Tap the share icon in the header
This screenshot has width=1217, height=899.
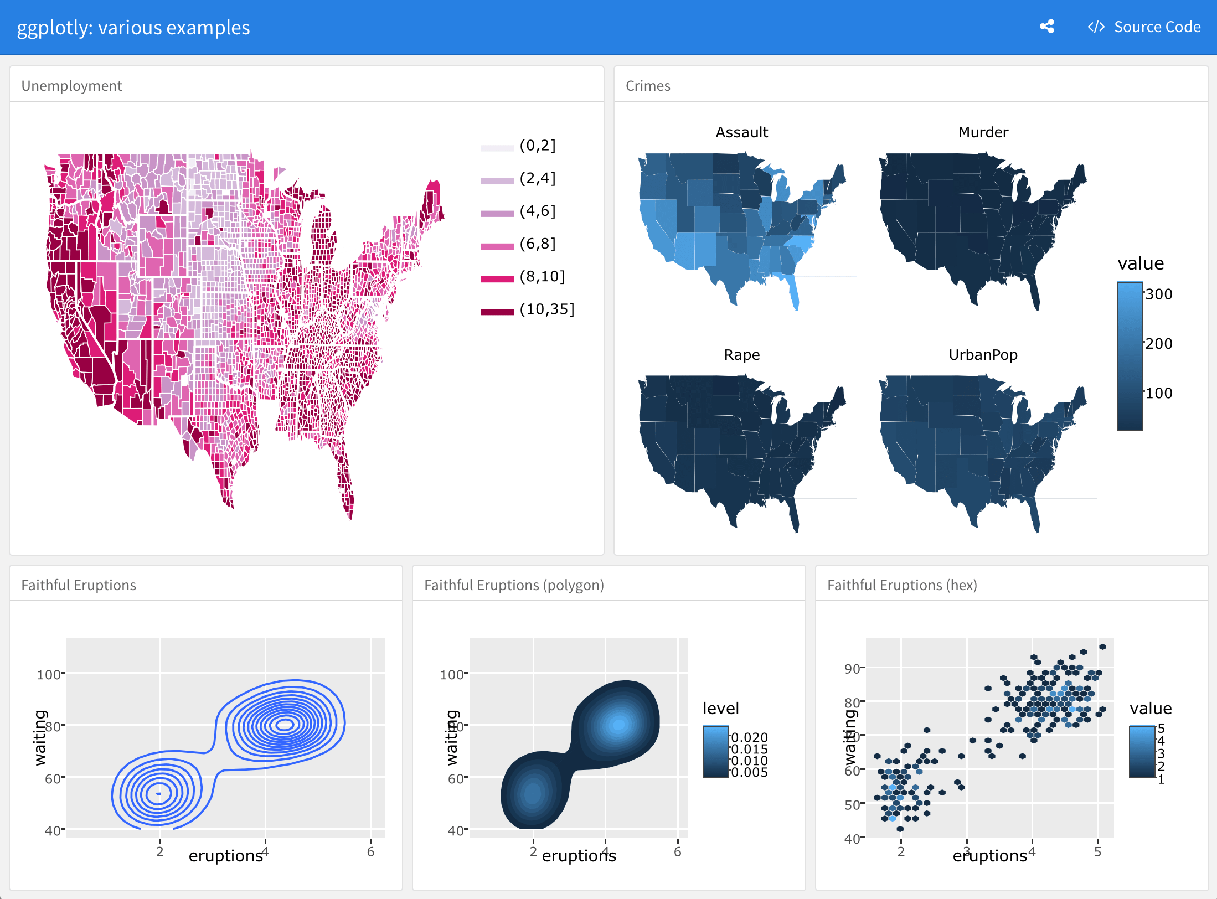[1046, 27]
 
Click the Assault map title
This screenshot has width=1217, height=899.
[741, 132]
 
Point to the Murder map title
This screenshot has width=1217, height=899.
[983, 132]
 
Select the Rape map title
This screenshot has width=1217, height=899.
[741, 355]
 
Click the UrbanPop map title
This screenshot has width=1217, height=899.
[983, 355]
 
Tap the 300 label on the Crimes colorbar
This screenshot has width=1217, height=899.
[1159, 294]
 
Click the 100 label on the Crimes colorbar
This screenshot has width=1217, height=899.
[1159, 394]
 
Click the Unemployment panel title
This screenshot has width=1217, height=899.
[71, 86]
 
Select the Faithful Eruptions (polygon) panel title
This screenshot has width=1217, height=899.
[514, 585]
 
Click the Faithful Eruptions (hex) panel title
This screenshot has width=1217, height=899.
[902, 585]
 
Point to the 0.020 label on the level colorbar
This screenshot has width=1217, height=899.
[750, 737]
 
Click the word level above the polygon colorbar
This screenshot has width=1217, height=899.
[721, 709]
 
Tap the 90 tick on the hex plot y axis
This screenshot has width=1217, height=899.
[852, 669]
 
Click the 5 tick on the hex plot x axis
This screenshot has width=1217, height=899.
[1097, 852]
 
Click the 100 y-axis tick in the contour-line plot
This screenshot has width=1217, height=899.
[49, 675]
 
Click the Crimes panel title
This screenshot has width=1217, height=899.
[648, 86]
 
